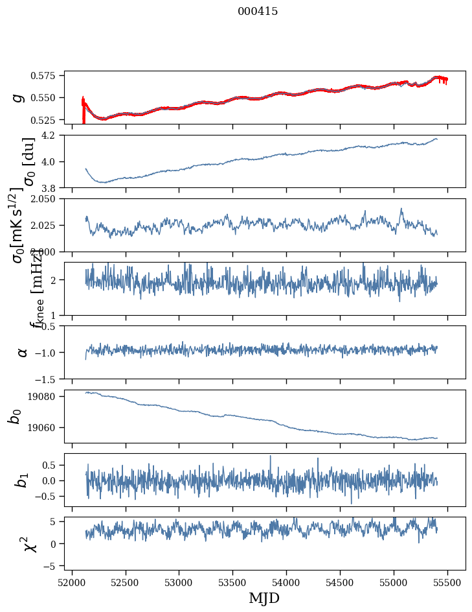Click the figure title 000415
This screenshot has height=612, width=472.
258,12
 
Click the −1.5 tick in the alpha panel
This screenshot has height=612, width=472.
49,379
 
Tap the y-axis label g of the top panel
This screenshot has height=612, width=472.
19,97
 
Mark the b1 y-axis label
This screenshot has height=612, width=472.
23,480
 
